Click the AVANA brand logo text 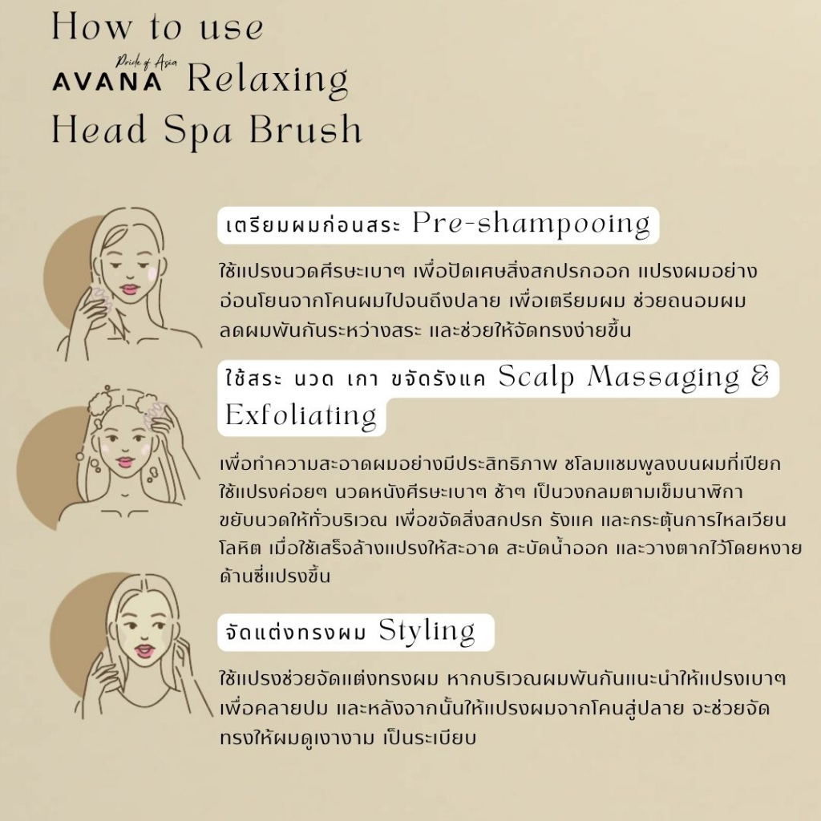[x=107, y=82]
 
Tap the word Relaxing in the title [x=268, y=80]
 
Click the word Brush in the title [x=305, y=129]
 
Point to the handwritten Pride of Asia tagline [x=146, y=63]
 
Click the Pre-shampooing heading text [x=531, y=224]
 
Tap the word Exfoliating [x=301, y=416]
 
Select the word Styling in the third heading [x=427, y=632]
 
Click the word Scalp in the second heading [x=536, y=377]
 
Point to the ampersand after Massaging [x=760, y=375]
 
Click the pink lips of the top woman [x=129, y=289]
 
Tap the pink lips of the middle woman [x=125, y=462]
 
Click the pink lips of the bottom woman [x=143, y=650]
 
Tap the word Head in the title [x=99, y=129]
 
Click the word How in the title [x=91, y=26]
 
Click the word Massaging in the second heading [x=663, y=378]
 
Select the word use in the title [x=231, y=29]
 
